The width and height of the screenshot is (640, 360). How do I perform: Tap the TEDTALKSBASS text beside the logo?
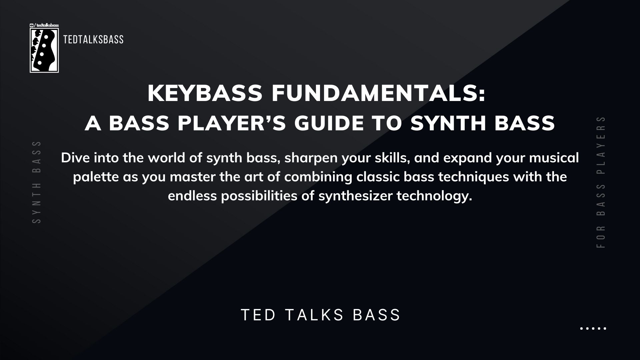click(93, 40)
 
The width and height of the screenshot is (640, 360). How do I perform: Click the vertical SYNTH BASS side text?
click(37, 182)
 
